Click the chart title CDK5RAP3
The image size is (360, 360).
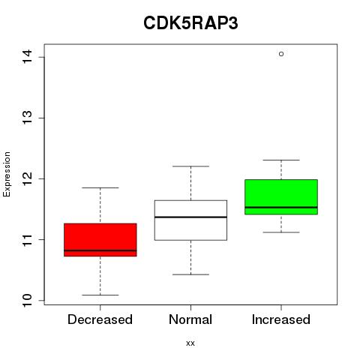[190, 23]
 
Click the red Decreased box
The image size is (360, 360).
[100, 240]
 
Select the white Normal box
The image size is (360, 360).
[190, 220]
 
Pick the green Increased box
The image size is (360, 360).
[281, 197]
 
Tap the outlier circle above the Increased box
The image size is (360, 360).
[281, 54]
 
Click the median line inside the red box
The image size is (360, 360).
[100, 250]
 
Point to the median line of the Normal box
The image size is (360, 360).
[190, 217]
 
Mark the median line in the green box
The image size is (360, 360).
[281, 207]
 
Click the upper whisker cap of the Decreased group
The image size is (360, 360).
[100, 187]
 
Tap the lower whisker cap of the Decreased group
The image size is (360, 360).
[100, 295]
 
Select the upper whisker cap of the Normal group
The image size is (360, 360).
[190, 166]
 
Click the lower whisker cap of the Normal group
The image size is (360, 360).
[190, 274]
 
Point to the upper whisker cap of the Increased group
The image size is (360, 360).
[281, 160]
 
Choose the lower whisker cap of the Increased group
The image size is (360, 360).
[281, 232]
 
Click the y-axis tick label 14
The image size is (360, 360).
[27, 57]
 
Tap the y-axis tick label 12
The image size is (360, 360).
[27, 178]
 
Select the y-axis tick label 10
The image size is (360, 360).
[27, 300]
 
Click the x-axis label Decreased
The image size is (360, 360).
[100, 319]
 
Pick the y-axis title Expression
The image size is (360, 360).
[7, 174]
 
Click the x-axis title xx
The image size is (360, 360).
[190, 343]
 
